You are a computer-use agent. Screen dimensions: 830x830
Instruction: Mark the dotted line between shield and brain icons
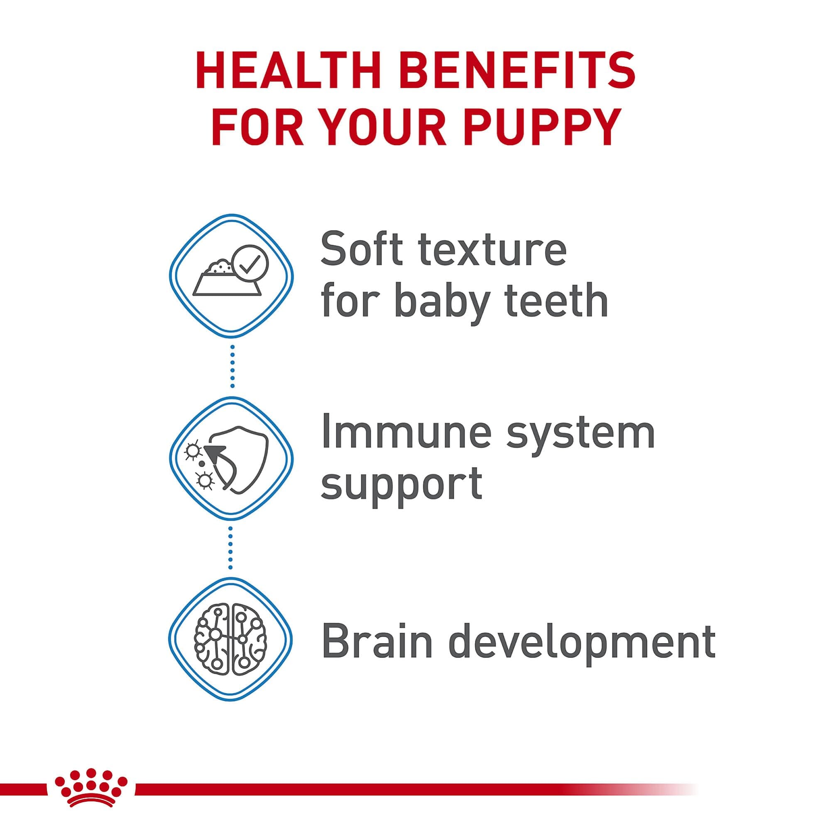(231, 547)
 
